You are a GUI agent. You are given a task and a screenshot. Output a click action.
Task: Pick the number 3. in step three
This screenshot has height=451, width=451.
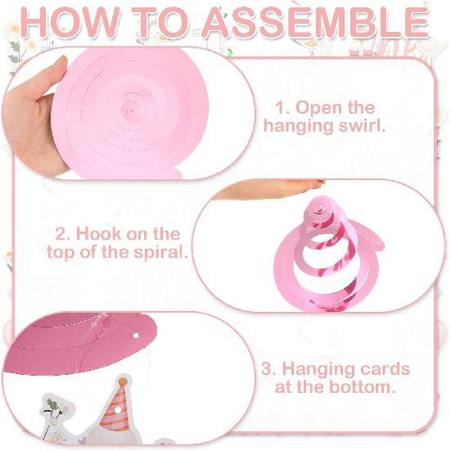pyautogui.click(x=268, y=369)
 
